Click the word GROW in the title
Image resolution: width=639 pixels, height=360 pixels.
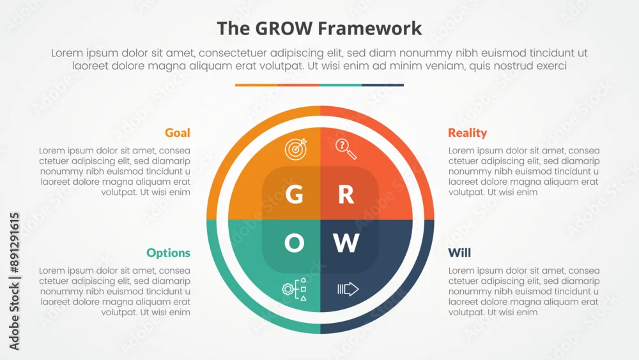[284, 29]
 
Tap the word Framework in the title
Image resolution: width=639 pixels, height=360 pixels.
[369, 29]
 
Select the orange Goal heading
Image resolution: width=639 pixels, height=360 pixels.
[177, 132]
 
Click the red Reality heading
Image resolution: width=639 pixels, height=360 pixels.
[468, 132]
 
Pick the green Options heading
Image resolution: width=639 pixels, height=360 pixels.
[168, 253]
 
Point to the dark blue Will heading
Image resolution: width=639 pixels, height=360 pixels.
[459, 253]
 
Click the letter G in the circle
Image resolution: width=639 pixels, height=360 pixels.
[294, 194]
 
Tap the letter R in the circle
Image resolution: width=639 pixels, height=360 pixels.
[346, 194]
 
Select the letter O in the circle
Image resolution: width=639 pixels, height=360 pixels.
[294, 243]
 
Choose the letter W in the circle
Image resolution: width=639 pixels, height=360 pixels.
[346, 243]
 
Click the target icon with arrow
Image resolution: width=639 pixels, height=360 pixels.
[296, 149]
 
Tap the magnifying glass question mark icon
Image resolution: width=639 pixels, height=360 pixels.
[346, 149]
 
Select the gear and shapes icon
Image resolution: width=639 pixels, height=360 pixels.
[294, 289]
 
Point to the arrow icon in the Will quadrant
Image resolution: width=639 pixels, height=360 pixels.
[348, 289]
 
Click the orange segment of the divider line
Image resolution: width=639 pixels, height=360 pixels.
[256, 85]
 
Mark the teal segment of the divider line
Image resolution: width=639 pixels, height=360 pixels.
[341, 85]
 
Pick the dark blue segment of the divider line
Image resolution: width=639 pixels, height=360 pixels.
[383, 85]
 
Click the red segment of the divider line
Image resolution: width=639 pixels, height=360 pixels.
[298, 85]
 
